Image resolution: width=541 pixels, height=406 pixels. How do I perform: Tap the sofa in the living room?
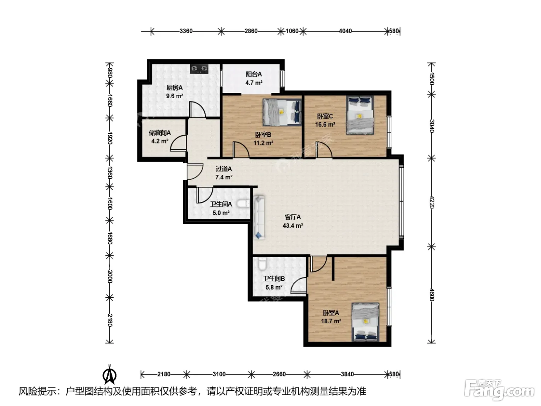[259, 217]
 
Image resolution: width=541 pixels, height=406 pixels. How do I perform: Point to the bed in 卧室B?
[282, 112]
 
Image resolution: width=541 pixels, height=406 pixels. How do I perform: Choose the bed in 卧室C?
[360, 115]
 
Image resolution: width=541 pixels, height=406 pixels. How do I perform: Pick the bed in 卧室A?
[365, 322]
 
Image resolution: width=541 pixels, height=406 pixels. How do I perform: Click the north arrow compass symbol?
[109, 374]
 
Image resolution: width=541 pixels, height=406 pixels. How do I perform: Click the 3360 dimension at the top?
[186, 31]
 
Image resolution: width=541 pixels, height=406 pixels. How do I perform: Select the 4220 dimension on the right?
[431, 202]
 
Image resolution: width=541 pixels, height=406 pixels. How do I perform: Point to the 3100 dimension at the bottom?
[219, 374]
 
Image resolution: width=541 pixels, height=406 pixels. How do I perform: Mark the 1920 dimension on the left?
[110, 138]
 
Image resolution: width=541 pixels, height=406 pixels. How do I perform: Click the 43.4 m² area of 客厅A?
[293, 225]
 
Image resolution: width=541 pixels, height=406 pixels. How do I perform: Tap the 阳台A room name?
[253, 74]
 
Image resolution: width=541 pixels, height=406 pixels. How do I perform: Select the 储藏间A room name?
[160, 133]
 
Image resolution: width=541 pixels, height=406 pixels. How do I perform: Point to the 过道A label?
[224, 169]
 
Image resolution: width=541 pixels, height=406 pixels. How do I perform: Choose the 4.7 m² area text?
[253, 83]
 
